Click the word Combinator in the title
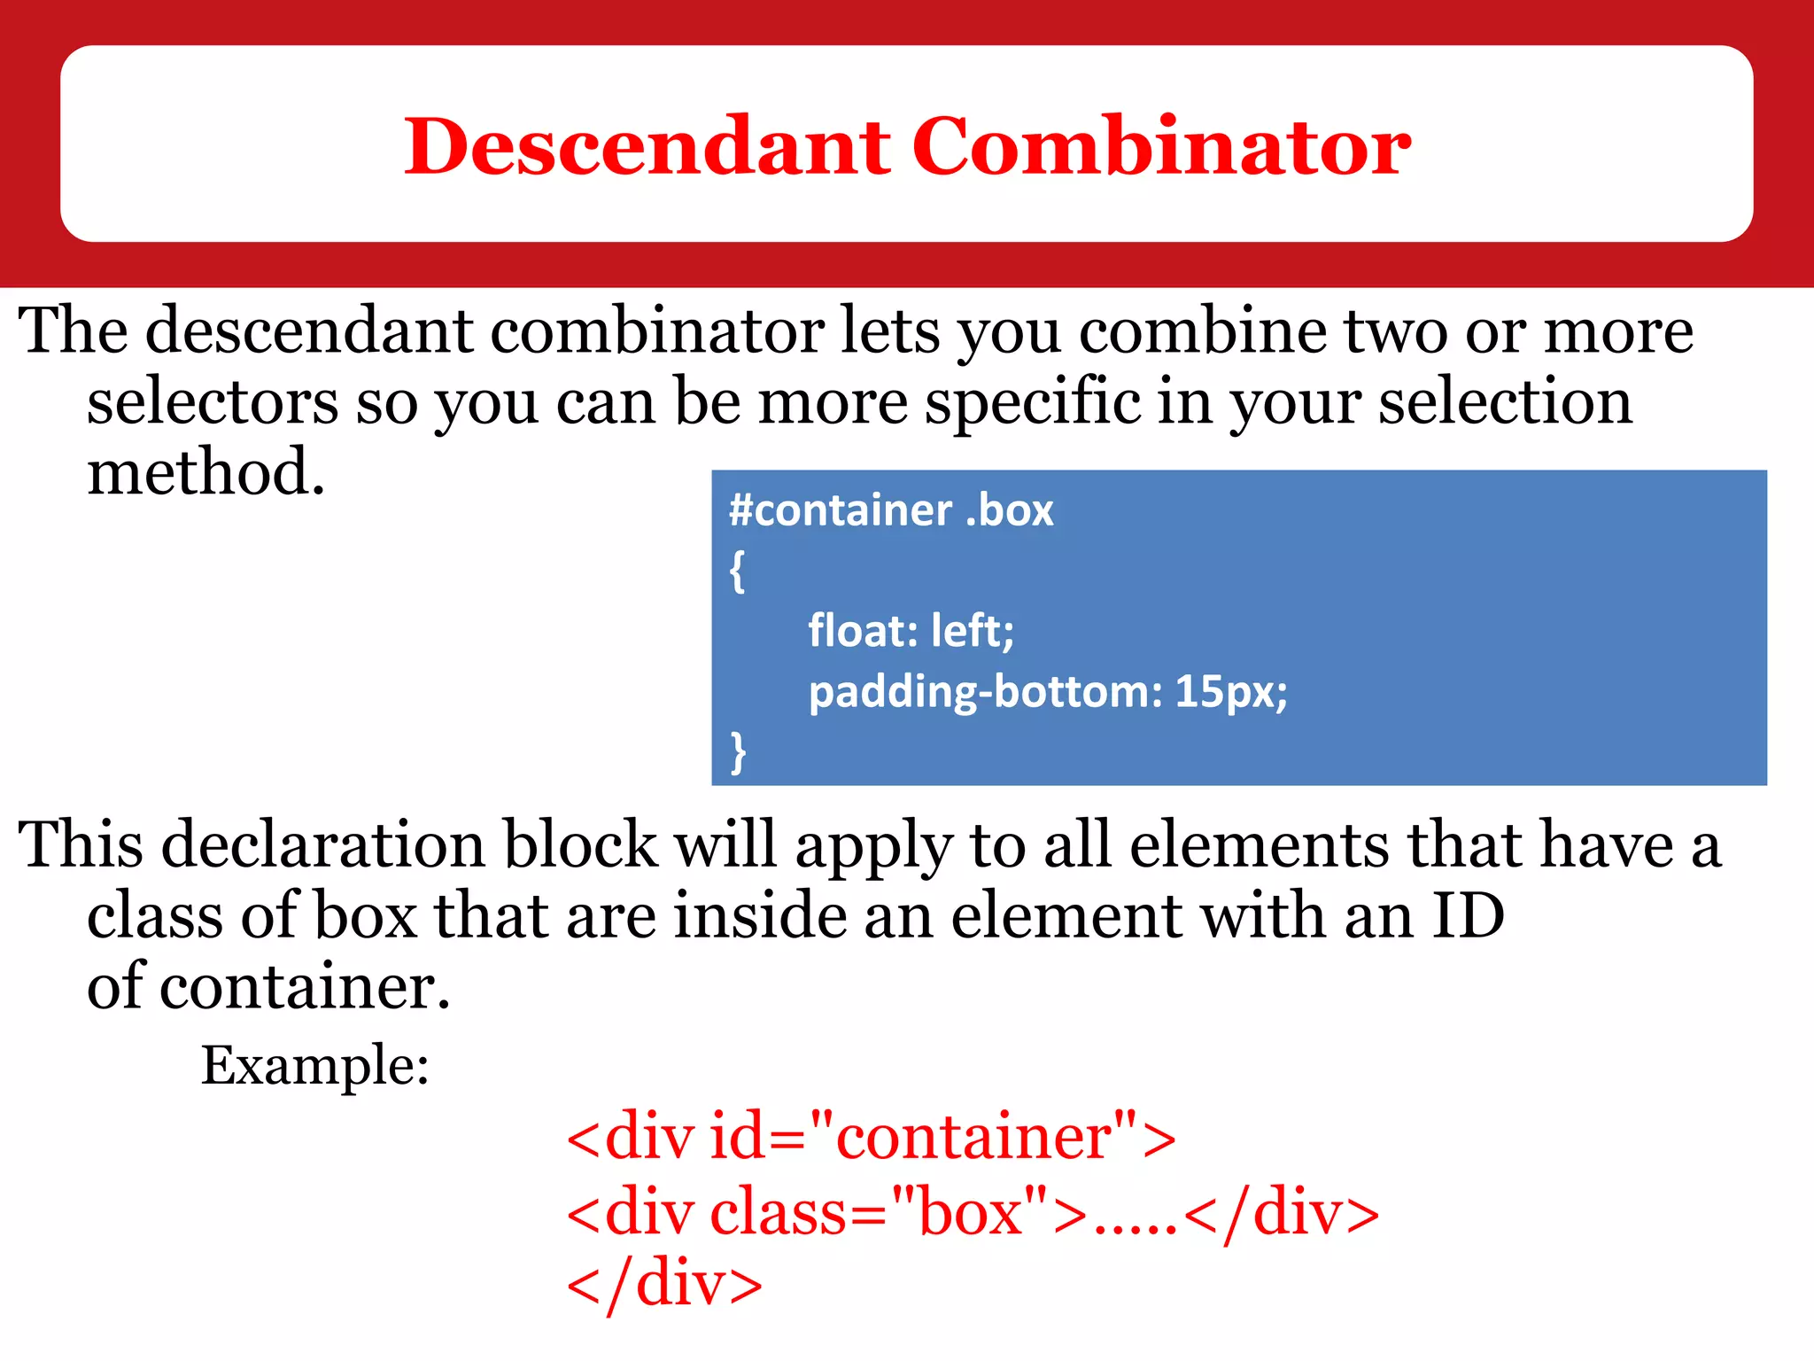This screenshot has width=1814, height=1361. point(1160,146)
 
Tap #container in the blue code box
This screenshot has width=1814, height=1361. point(839,511)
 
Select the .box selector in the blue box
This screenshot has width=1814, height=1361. point(1009,511)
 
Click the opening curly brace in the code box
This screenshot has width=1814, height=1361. point(737,572)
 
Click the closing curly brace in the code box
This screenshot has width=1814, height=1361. point(737,752)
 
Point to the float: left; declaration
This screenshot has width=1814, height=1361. point(911,632)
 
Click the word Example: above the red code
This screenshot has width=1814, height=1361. point(314,1065)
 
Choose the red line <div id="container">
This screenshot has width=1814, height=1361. point(871,1137)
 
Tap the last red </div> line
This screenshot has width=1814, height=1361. point(664,1285)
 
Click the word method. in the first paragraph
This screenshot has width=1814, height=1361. point(206,472)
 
